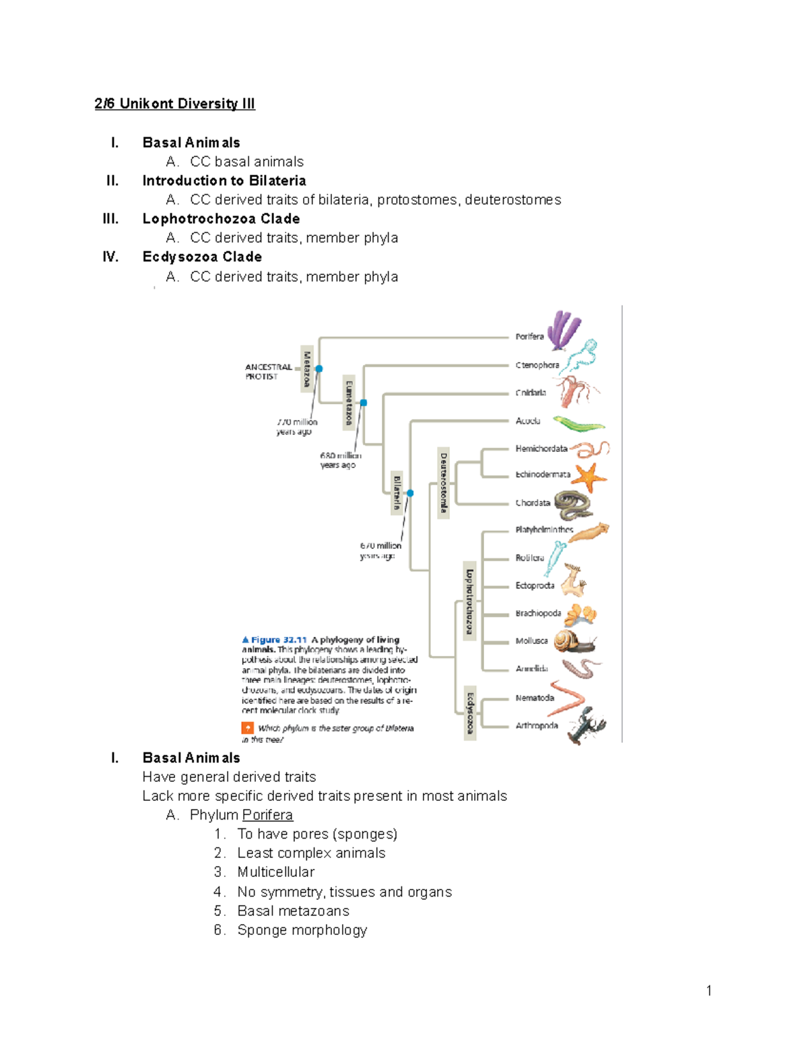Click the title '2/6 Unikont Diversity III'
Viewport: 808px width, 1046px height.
[x=174, y=104]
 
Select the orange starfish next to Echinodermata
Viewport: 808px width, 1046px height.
[x=589, y=477]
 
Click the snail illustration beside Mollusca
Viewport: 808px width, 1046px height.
[x=573, y=642]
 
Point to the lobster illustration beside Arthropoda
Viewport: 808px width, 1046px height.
[x=586, y=725]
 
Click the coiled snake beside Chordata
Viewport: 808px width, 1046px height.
[x=574, y=504]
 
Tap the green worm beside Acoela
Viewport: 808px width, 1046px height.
[x=578, y=424]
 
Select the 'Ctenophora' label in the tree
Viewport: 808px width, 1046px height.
[x=537, y=365]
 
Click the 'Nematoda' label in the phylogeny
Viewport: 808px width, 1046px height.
[x=535, y=698]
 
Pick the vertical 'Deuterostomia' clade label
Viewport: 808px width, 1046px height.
[x=443, y=482]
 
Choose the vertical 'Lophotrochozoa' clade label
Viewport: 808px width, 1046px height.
[x=469, y=601]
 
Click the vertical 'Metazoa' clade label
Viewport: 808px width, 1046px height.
[x=306, y=368]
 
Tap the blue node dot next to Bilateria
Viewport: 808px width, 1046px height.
[x=410, y=493]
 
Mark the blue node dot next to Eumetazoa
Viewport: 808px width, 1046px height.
[x=364, y=403]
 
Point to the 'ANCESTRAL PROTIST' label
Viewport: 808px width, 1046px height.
[x=268, y=372]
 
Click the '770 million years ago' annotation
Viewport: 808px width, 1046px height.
[x=296, y=426]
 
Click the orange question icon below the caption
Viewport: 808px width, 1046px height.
[x=248, y=728]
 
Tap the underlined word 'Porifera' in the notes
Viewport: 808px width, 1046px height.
[x=267, y=815]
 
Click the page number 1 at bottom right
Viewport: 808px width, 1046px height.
[x=708, y=990]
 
